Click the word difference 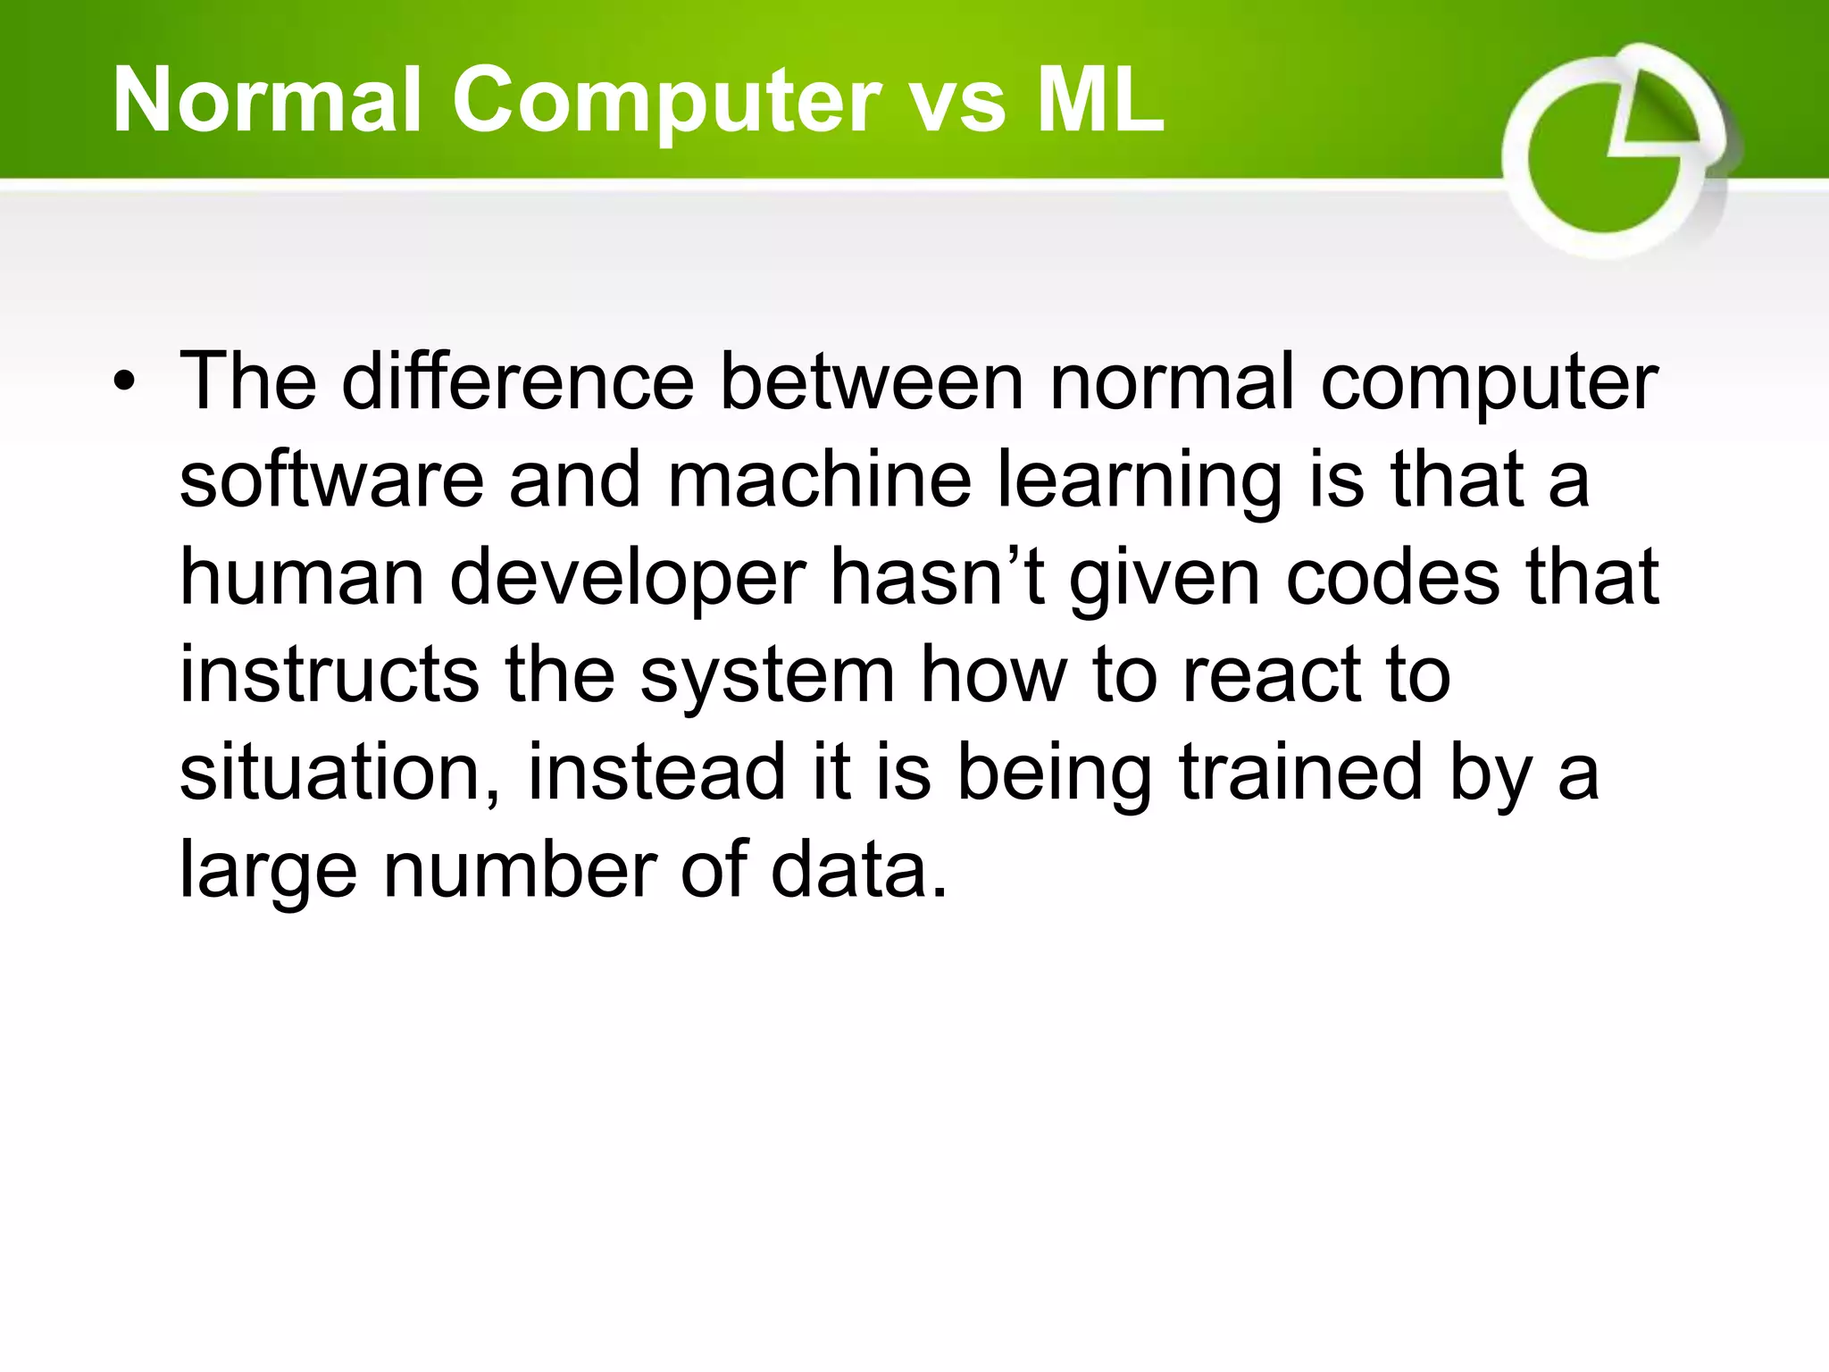(x=518, y=381)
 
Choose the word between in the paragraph (x=872, y=381)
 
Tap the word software (x=331, y=480)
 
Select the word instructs (x=330, y=675)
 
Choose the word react (x=1271, y=675)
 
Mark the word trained (x=1300, y=773)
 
